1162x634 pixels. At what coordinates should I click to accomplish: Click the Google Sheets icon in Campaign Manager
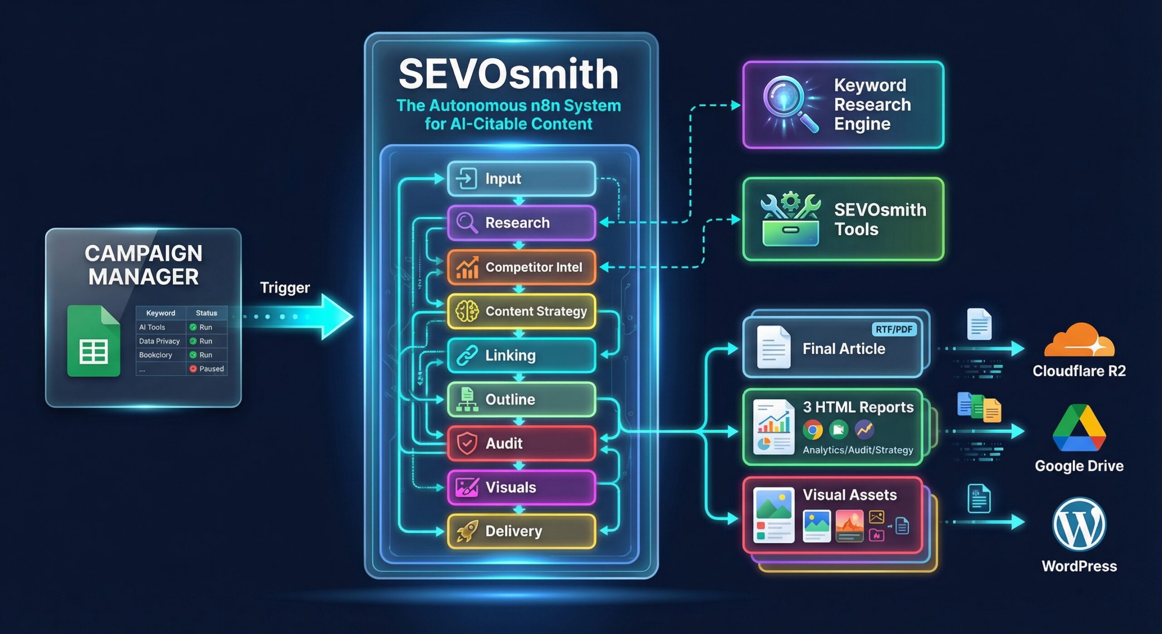[94, 342]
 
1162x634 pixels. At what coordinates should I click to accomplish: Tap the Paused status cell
[207, 369]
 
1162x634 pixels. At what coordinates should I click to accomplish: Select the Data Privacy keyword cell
[159, 341]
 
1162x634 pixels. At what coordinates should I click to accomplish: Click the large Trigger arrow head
[336, 317]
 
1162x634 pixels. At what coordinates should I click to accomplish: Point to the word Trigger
[285, 287]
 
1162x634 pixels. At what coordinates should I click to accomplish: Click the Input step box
[521, 178]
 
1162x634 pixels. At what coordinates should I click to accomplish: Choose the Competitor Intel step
[521, 267]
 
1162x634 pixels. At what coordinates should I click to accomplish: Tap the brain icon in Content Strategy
[467, 312]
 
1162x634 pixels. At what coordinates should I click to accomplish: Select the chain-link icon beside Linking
[467, 355]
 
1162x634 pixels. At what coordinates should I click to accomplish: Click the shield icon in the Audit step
[467, 443]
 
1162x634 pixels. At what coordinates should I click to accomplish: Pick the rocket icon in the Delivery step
[467, 531]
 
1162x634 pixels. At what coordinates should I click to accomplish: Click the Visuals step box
[521, 487]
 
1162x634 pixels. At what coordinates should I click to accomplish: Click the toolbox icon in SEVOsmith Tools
[790, 220]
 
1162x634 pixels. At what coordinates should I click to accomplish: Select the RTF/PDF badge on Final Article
[893, 329]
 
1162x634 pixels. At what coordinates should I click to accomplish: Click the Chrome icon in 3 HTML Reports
[812, 430]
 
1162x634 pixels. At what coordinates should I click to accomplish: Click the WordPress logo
[1079, 525]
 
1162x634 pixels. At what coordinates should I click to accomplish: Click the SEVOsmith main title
[508, 74]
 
